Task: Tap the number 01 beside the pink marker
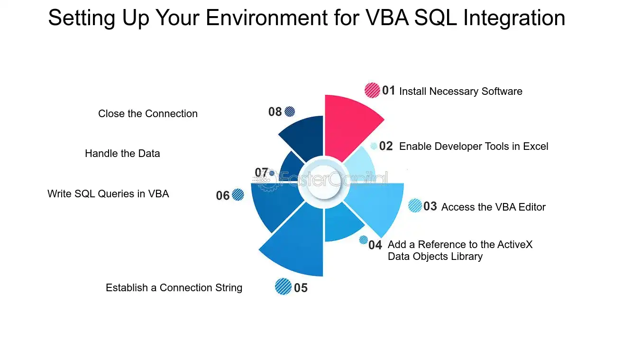click(389, 91)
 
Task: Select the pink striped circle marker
click(372, 91)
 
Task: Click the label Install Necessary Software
click(461, 91)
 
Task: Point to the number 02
click(386, 146)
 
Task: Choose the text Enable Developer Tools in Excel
click(474, 147)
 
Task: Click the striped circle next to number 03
click(415, 205)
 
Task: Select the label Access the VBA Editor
click(494, 207)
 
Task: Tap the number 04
click(375, 245)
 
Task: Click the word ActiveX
click(515, 244)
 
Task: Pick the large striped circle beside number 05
click(283, 286)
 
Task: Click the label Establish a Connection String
click(174, 287)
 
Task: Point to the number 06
click(223, 196)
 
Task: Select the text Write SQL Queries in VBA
click(108, 194)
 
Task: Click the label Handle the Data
click(122, 154)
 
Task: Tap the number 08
click(275, 112)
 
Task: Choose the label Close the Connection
click(148, 114)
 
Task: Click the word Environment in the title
click(266, 18)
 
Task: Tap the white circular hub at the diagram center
click(324, 182)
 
